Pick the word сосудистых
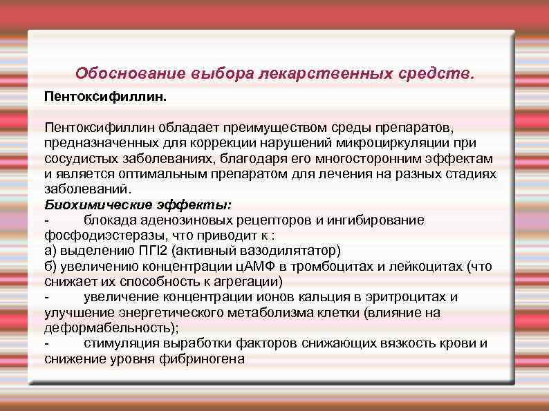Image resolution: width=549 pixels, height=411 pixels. pos(79,158)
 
